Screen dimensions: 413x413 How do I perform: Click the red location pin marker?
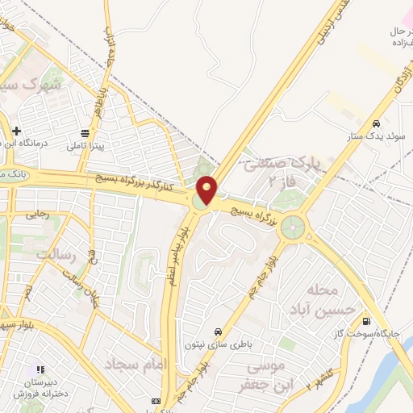pos(207,190)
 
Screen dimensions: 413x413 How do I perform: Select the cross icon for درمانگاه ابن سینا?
pos(15,130)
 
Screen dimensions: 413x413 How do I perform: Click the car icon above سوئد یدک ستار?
pos(377,123)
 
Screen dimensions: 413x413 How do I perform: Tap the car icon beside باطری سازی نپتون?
pos(218,331)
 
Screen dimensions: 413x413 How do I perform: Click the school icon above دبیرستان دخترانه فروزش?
pos(40,370)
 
